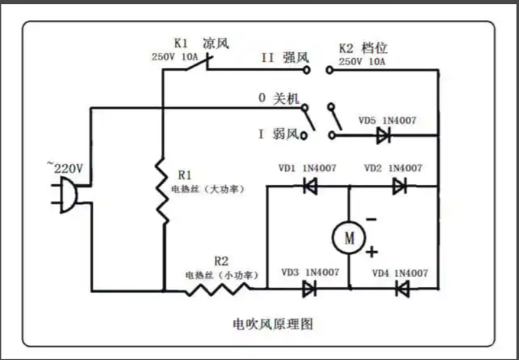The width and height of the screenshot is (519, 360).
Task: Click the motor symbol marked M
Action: (349, 238)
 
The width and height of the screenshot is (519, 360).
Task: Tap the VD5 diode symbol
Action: (384, 135)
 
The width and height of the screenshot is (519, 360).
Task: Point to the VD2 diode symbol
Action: (400, 187)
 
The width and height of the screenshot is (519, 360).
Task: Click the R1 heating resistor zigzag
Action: (162, 191)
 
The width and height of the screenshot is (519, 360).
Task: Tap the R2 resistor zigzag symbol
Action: (219, 289)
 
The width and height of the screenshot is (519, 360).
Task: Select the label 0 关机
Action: (278, 99)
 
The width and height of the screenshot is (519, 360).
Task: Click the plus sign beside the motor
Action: (372, 251)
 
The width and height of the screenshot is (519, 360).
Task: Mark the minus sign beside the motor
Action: (372, 220)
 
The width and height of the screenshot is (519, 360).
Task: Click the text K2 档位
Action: (363, 48)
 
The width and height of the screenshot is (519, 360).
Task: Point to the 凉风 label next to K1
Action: (216, 44)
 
